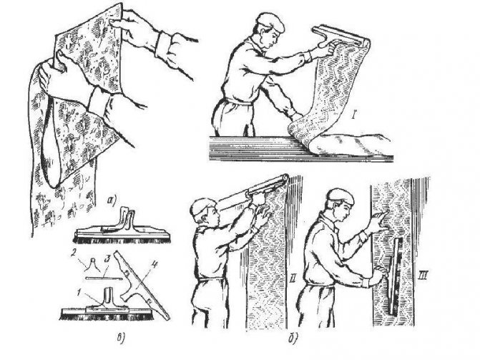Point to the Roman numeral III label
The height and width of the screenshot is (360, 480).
tap(422, 277)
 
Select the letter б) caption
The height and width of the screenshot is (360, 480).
tap(292, 339)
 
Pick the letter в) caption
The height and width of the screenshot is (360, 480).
tap(121, 339)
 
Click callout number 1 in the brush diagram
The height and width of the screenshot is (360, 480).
tap(79, 293)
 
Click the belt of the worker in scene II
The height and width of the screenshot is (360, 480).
tap(211, 279)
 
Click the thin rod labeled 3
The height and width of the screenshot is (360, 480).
tap(104, 278)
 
